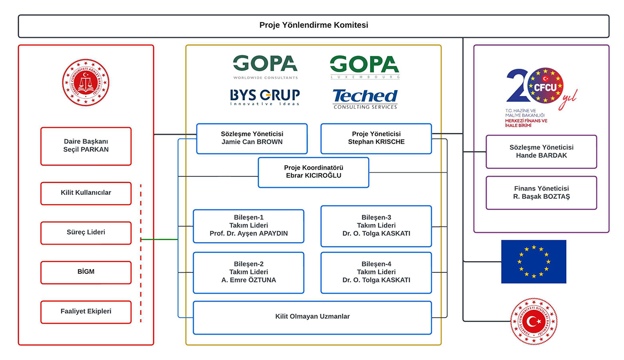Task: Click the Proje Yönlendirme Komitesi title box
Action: (x=313, y=26)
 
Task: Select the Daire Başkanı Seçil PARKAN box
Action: (x=86, y=146)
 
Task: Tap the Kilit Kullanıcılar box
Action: (x=86, y=193)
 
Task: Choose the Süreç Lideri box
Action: (x=86, y=232)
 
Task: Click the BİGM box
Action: (x=86, y=272)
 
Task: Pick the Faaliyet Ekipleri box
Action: (x=86, y=312)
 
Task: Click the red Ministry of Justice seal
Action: (x=86, y=82)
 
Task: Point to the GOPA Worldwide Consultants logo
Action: (x=265, y=67)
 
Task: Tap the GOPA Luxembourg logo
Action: (x=365, y=67)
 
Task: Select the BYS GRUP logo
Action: (x=265, y=96)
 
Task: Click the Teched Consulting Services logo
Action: (x=365, y=98)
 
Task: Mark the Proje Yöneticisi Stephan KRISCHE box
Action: (x=376, y=138)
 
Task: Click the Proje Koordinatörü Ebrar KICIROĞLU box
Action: (x=313, y=172)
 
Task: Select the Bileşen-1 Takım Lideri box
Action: (x=249, y=226)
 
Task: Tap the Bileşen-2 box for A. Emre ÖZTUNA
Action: (x=249, y=272)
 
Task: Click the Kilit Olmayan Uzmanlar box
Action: (x=312, y=317)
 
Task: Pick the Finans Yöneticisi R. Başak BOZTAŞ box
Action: (x=541, y=192)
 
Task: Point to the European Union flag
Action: (x=533, y=262)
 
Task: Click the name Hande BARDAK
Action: (x=541, y=156)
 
